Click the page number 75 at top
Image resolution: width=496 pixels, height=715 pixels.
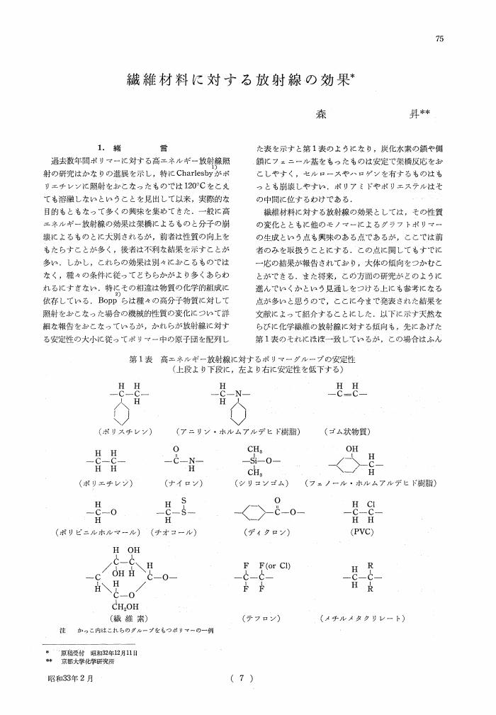coord(439,39)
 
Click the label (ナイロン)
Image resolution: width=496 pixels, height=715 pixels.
coord(184,482)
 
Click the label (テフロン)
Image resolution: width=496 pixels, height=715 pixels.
coord(259,618)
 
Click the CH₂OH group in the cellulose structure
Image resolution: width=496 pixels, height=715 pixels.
coord(121,605)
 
